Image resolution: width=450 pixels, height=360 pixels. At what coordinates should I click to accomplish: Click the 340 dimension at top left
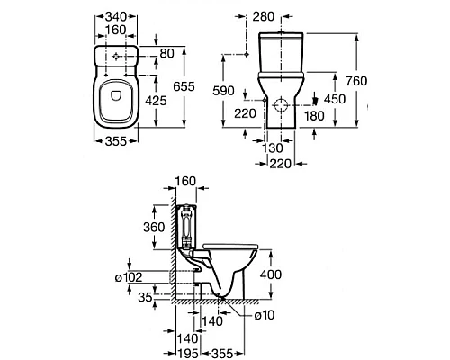click(x=116, y=17)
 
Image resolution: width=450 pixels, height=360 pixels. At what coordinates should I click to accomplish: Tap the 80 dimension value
click(x=166, y=54)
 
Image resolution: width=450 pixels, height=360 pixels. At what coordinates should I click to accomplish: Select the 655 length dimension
click(x=184, y=86)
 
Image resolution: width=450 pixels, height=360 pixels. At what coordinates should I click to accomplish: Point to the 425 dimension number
click(x=156, y=101)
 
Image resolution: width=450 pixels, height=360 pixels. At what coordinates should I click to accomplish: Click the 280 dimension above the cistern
click(x=264, y=17)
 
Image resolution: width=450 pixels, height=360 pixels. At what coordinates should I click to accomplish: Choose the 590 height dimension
click(x=223, y=91)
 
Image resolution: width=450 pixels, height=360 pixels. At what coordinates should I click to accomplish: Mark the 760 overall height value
click(x=356, y=81)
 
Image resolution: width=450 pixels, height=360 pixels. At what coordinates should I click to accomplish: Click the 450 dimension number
click(x=335, y=99)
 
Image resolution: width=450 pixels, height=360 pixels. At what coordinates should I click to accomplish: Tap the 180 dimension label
click(x=314, y=116)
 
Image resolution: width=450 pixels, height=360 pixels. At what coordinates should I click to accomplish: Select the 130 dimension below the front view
click(x=273, y=148)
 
